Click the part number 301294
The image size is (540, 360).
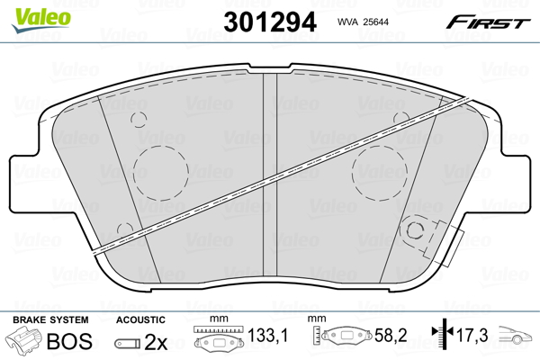point(270,22)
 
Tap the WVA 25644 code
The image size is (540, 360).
point(363,22)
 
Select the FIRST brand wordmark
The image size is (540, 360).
point(488,22)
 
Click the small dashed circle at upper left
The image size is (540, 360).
point(139,112)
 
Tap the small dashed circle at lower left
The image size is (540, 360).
point(125,223)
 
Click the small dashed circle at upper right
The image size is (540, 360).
point(401,112)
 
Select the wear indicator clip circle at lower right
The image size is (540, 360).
point(415,221)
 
